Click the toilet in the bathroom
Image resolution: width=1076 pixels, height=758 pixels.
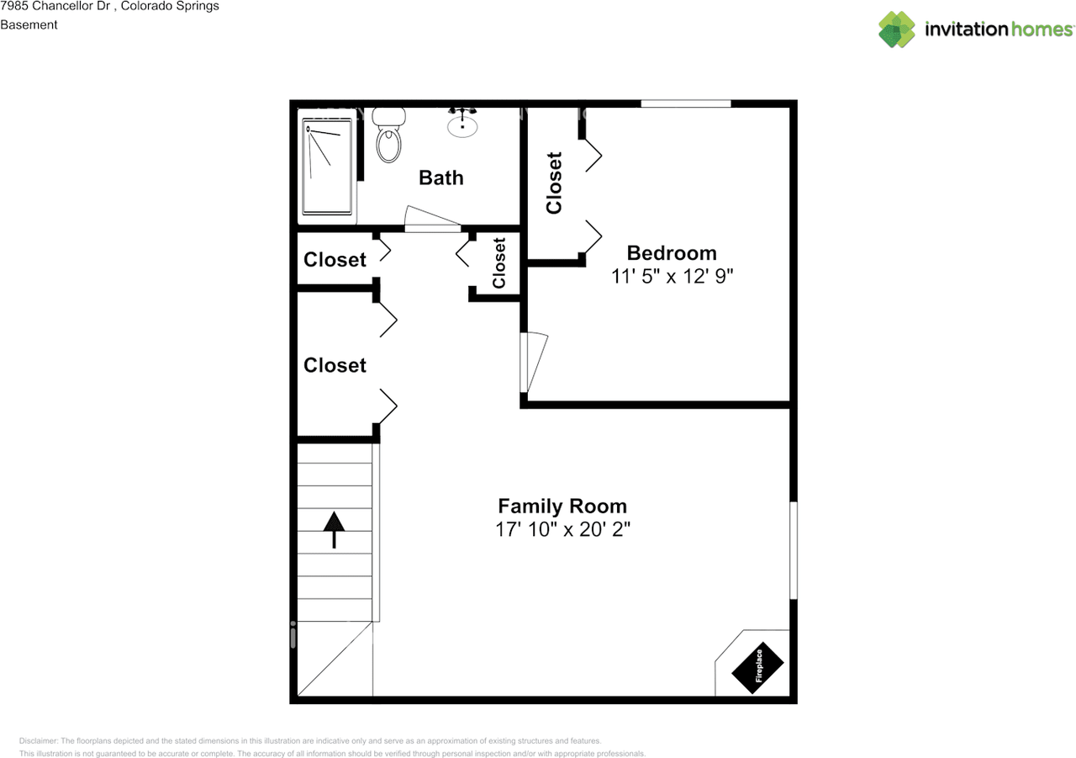(x=388, y=140)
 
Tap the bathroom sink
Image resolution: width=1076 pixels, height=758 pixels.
(x=462, y=125)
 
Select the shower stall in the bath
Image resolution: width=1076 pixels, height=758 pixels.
(x=327, y=165)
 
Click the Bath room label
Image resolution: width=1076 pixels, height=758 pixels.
(x=440, y=178)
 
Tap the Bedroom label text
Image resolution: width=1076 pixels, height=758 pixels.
(x=672, y=253)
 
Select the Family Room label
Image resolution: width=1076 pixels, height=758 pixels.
(x=562, y=506)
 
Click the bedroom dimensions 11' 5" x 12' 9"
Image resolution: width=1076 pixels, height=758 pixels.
(x=672, y=276)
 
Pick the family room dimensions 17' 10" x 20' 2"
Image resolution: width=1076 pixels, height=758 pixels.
(x=562, y=530)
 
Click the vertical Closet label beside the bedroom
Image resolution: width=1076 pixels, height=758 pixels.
(x=554, y=183)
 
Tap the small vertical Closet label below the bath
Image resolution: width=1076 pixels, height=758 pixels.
(x=499, y=263)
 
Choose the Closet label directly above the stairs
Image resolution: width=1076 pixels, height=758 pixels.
(x=335, y=365)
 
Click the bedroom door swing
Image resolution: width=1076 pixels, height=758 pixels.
(x=534, y=363)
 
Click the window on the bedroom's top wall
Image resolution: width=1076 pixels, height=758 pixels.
(x=686, y=103)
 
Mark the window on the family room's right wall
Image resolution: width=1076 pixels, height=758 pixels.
(x=793, y=551)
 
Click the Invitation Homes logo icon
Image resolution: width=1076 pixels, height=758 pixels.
(x=897, y=29)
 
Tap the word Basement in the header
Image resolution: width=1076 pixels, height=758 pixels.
(x=29, y=24)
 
